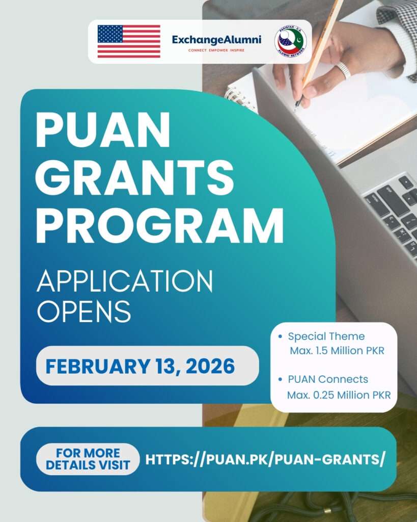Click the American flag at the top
129,41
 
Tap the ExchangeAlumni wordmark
216,40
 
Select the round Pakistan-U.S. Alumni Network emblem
291,42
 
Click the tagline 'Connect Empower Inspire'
216,50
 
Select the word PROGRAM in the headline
159,225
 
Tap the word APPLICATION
125,281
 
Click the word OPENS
84,311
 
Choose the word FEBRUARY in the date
98,366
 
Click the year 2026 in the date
210,366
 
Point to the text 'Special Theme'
326,336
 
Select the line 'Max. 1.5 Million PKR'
337,351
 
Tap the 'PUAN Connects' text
328,379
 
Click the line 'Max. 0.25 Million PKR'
339,395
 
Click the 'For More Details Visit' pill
88,459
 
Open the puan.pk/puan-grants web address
265,460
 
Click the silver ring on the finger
343,70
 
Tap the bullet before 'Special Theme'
281,336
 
